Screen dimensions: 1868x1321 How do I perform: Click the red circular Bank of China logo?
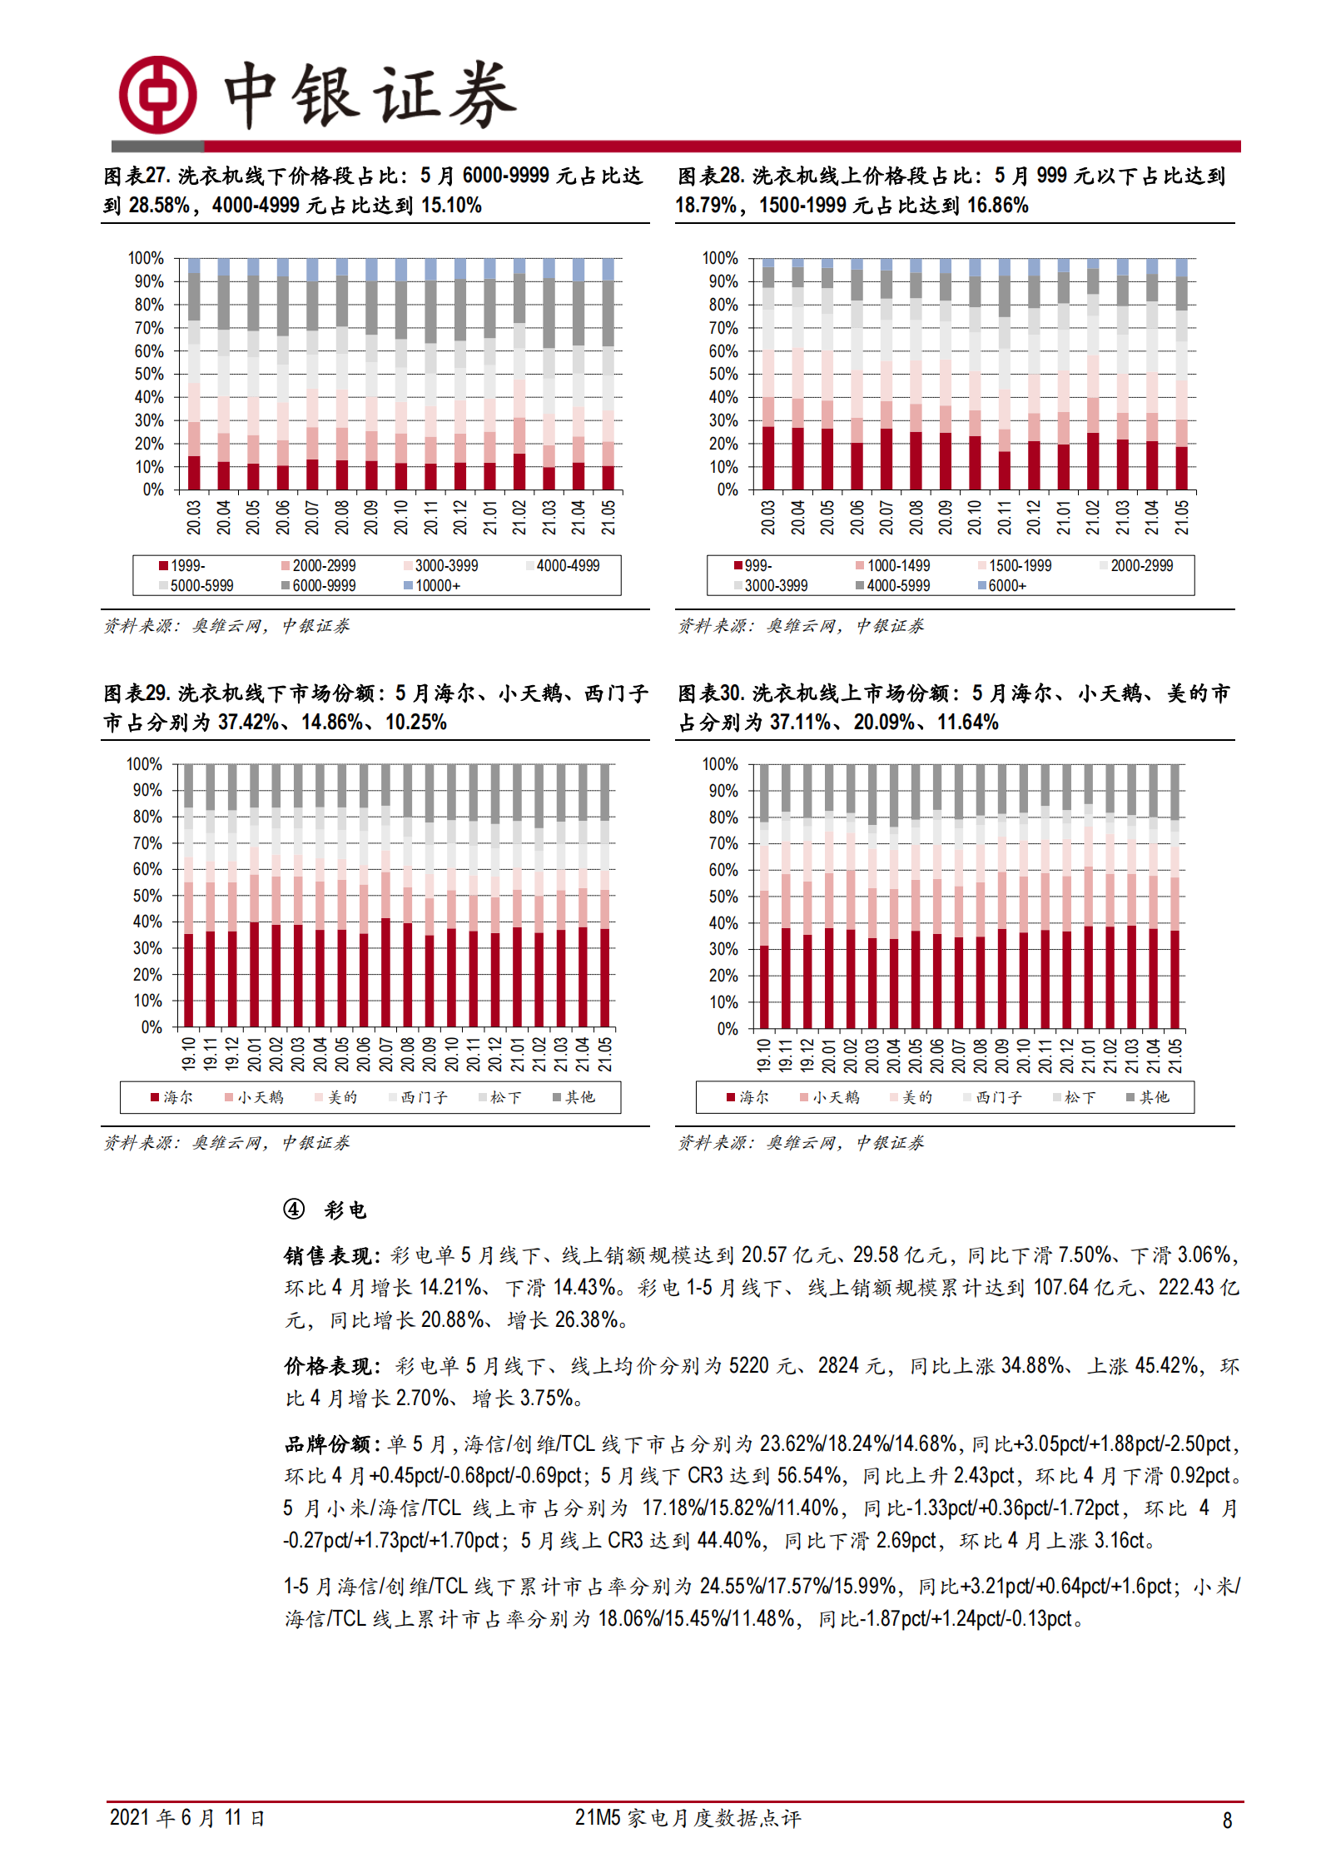(x=157, y=95)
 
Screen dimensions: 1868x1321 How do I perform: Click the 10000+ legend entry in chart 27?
(x=432, y=586)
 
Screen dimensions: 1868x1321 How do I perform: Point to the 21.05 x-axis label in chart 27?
(x=608, y=517)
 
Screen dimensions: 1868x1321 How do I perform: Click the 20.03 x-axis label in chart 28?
(x=767, y=517)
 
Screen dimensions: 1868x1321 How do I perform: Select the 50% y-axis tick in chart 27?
(x=149, y=374)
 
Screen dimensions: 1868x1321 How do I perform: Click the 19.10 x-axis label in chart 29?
(x=189, y=1053)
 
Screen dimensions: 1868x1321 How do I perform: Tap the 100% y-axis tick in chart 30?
(x=720, y=764)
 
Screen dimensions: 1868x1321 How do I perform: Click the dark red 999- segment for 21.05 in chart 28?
(x=1181, y=469)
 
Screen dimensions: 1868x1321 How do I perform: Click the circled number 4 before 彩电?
(x=294, y=1209)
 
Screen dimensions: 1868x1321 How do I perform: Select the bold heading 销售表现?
(x=330, y=1255)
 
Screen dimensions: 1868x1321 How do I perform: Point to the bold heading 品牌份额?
(x=330, y=1443)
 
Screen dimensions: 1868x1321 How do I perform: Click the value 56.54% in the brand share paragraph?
(x=808, y=1476)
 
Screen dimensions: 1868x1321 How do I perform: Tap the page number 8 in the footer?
(x=1227, y=1821)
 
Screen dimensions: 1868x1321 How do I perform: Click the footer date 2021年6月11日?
(x=186, y=1818)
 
